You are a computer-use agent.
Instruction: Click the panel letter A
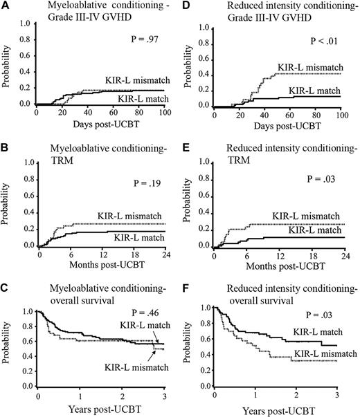[x=5, y=6]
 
